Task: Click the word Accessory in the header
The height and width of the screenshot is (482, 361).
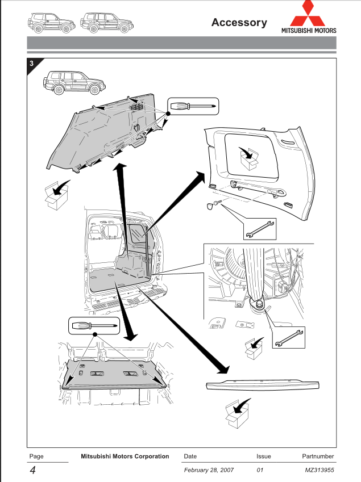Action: (239, 23)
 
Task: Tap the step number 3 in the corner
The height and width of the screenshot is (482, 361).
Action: (32, 63)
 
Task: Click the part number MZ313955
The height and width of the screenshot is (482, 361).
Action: (319, 471)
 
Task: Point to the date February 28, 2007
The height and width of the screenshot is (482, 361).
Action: (209, 471)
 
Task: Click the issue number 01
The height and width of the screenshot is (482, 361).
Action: (261, 471)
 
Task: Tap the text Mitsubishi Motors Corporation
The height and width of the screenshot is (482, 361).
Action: (125, 456)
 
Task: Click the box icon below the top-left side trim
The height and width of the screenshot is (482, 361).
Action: (56, 196)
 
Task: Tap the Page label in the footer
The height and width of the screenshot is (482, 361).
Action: (36, 456)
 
